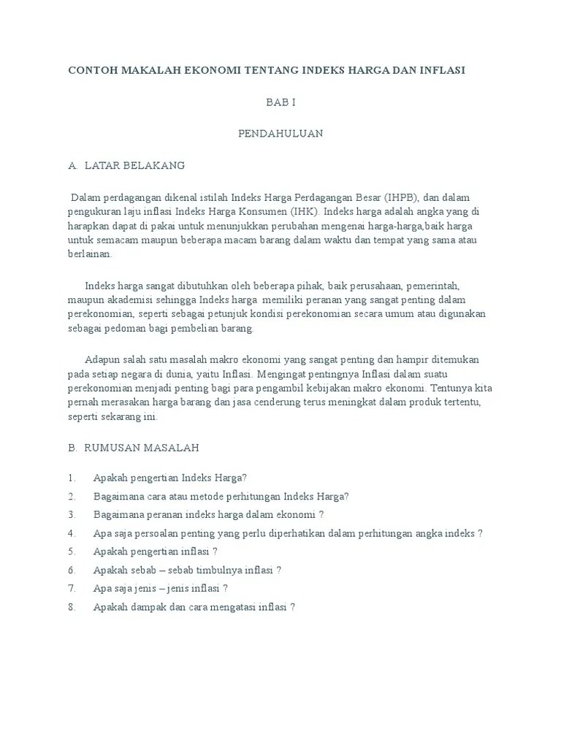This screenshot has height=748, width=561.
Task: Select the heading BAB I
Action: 280,103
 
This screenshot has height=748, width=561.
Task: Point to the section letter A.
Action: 72,165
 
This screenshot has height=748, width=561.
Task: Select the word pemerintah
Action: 433,286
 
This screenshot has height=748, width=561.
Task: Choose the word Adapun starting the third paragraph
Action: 104,359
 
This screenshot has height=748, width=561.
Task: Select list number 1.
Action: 72,478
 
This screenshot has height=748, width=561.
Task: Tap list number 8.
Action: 72,607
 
